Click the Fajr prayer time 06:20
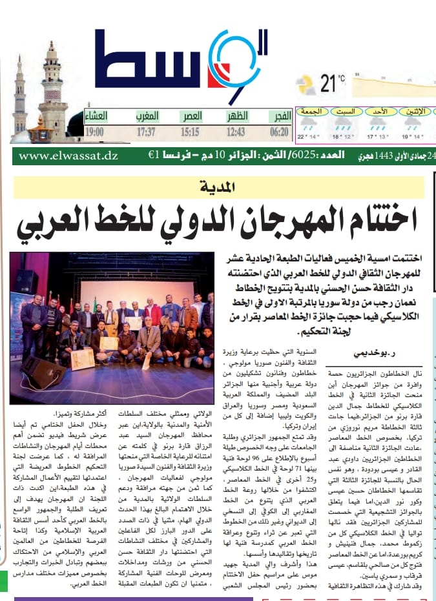coord(278,132)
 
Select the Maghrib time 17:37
coord(150,132)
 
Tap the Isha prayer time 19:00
coord(94,132)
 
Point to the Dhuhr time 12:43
coord(235,132)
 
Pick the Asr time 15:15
coord(189,132)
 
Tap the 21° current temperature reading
coord(332,83)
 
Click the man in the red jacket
coord(153,314)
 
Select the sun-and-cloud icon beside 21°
coord(306,85)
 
